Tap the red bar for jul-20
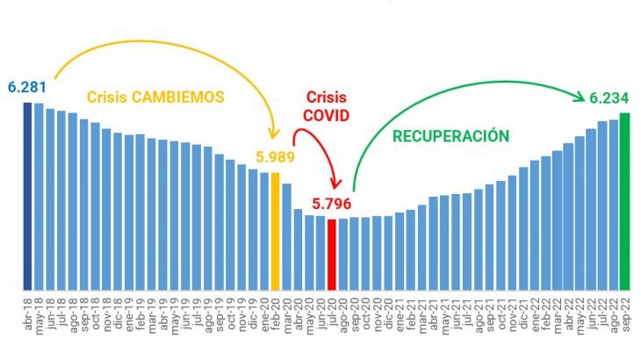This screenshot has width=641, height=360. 331,254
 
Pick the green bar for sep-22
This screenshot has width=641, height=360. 624,201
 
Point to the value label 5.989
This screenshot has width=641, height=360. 275,158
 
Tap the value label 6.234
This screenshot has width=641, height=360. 607,97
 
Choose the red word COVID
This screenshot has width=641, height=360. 328,115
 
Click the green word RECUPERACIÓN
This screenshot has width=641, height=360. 450,135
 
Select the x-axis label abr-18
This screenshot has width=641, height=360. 28,313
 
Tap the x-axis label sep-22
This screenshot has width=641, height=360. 625,313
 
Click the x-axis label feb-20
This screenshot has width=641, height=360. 276,313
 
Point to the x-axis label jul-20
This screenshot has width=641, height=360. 332,313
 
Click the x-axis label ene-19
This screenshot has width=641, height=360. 129,313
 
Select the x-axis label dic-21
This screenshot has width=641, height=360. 523,313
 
